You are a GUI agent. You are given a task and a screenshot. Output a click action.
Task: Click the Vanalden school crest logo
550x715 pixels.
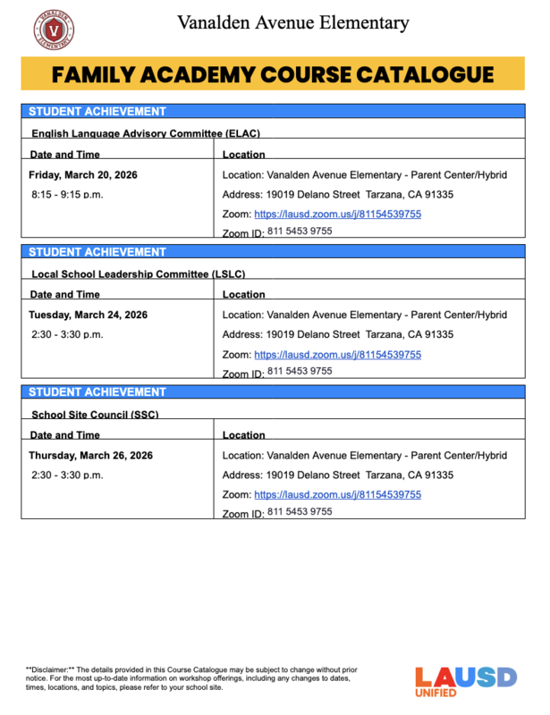(x=54, y=29)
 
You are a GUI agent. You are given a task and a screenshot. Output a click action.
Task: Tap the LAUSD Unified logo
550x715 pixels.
(x=465, y=682)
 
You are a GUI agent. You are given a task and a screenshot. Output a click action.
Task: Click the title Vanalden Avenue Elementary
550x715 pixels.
(x=292, y=22)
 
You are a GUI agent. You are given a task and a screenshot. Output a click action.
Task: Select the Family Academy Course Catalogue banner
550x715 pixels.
(x=273, y=74)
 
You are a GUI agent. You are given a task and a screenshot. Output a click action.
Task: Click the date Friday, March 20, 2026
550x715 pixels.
(x=83, y=174)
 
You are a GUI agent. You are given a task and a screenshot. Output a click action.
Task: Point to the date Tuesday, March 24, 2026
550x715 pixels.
(x=88, y=315)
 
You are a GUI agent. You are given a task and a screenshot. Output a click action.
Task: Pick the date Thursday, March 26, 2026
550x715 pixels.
(x=90, y=455)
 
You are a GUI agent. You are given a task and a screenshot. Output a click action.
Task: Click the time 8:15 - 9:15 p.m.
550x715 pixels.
(x=68, y=194)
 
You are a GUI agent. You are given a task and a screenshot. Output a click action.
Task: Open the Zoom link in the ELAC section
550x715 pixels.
(x=337, y=214)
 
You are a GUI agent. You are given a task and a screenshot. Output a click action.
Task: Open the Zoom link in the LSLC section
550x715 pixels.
(x=337, y=355)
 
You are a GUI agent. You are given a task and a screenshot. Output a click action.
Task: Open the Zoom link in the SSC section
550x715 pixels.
(x=337, y=494)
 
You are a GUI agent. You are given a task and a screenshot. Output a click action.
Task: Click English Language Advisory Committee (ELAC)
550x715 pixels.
(x=146, y=133)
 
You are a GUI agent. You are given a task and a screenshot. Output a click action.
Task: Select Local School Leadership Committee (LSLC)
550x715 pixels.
(x=139, y=273)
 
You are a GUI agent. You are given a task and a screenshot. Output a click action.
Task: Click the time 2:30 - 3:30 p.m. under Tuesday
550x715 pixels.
(x=68, y=334)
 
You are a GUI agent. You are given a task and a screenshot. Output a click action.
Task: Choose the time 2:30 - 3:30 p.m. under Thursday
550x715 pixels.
(x=68, y=475)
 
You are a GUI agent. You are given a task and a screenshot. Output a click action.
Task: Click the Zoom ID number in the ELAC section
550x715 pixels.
(x=300, y=231)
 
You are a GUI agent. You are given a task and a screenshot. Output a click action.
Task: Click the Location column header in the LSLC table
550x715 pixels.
(x=243, y=294)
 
